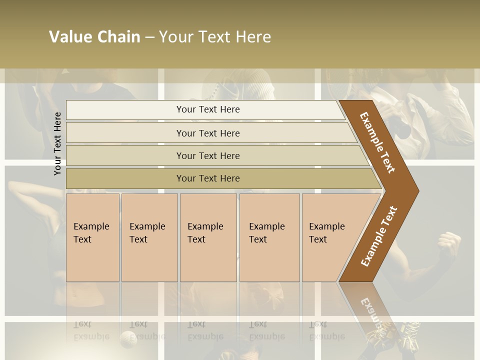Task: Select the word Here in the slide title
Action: [253, 37]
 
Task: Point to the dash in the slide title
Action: [149, 37]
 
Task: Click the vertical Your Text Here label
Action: [57, 144]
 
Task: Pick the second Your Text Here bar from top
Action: [208, 133]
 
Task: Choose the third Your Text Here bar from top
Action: [208, 156]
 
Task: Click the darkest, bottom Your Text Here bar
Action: [208, 178]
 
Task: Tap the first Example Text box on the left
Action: [92, 237]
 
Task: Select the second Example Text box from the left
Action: [149, 237]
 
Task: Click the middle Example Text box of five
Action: [208, 237]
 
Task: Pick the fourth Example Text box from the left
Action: [269, 237]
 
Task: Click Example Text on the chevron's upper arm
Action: [377, 142]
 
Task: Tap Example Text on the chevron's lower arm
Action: [378, 236]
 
